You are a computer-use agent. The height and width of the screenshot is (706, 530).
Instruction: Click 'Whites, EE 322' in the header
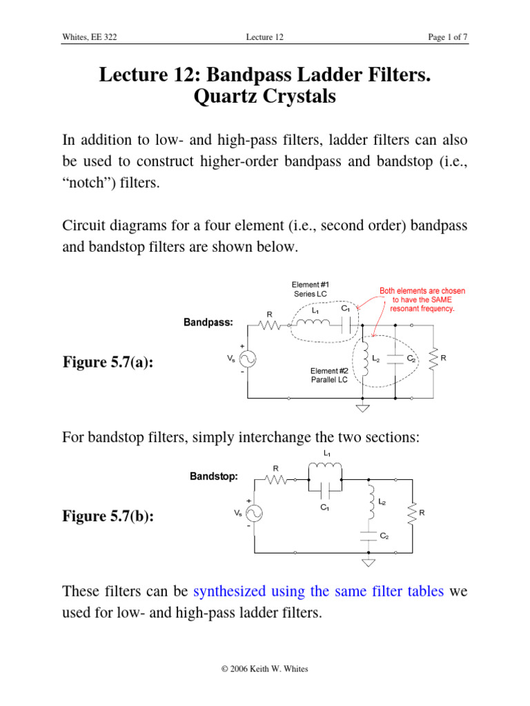click(89, 37)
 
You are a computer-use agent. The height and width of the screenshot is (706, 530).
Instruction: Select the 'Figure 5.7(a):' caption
click(108, 362)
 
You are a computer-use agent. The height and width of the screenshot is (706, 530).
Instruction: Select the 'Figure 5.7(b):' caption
click(108, 516)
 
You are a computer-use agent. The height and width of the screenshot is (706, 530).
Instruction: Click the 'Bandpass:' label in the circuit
click(208, 322)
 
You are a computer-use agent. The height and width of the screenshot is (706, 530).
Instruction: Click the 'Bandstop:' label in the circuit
click(214, 476)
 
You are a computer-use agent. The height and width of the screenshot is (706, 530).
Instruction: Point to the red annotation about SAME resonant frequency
click(422, 300)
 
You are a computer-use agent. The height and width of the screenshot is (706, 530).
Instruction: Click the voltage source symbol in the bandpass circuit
click(245, 359)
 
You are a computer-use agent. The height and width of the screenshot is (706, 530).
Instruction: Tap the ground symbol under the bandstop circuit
click(369, 562)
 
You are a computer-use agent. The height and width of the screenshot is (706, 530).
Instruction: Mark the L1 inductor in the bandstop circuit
click(325, 469)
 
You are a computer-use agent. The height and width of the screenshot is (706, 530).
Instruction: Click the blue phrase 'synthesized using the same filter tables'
click(319, 591)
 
